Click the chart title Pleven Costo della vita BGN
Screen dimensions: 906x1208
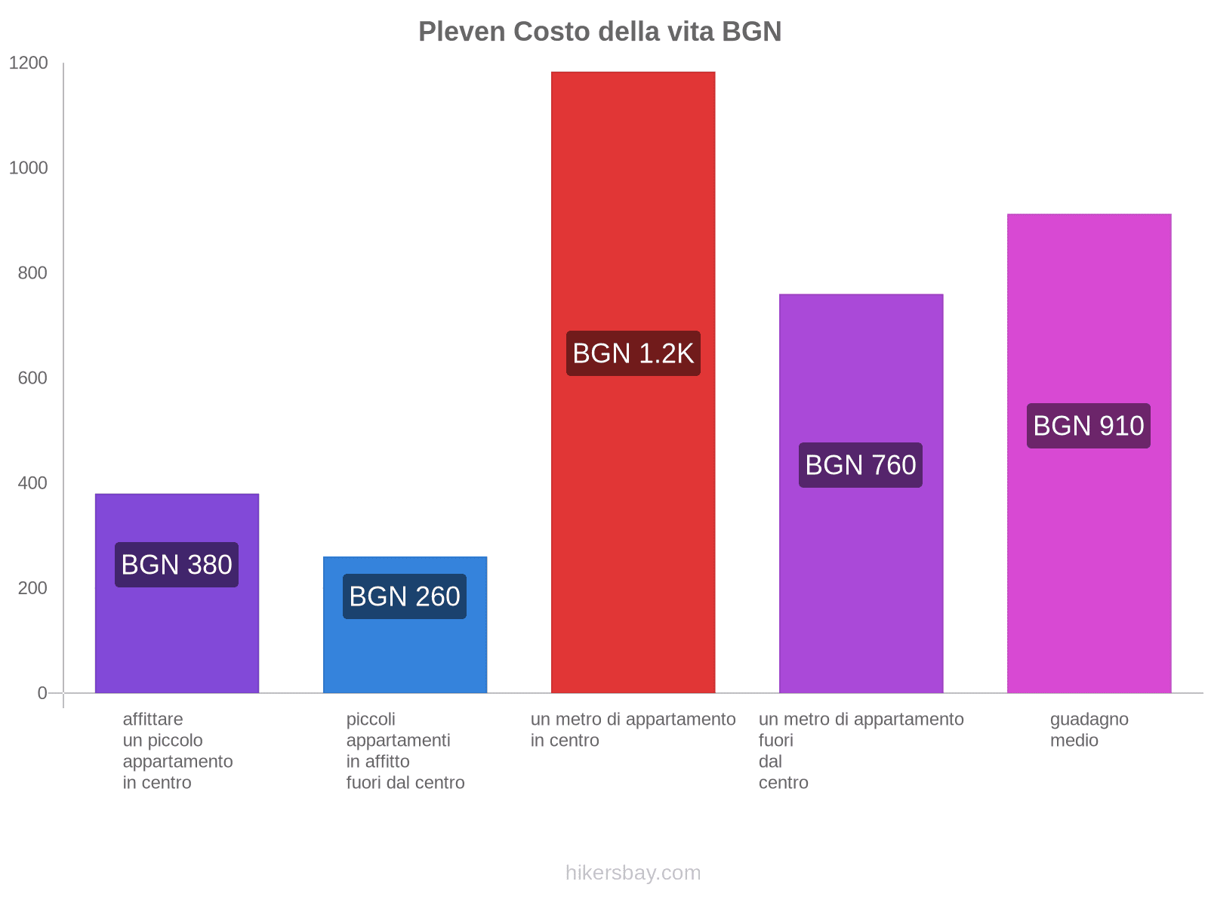coord(599,32)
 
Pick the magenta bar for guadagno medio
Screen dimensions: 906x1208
coord(1089,302)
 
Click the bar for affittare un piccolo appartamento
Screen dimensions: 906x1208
coord(177,642)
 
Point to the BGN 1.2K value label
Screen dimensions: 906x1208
coord(633,353)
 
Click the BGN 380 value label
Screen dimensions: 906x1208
coord(177,565)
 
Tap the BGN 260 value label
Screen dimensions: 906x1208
coord(405,596)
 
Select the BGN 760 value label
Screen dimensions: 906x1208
coord(861,465)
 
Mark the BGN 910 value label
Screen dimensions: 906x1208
coord(1089,426)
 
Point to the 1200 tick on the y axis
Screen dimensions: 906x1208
coord(28,63)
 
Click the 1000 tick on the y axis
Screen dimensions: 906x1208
coord(28,168)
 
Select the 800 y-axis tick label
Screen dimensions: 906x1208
coord(32,273)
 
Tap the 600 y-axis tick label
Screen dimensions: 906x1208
coord(32,378)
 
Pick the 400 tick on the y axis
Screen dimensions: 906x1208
coord(32,483)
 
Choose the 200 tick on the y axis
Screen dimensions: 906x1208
coord(32,588)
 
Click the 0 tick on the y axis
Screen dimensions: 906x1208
coord(42,693)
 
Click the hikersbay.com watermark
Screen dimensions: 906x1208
coord(633,873)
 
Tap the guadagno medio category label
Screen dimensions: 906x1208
coord(1089,729)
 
